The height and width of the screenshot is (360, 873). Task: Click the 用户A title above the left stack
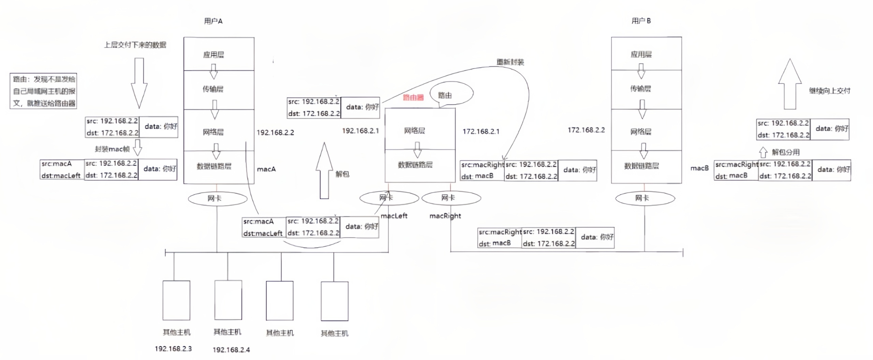(213, 21)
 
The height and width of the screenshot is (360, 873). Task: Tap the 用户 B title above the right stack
(641, 21)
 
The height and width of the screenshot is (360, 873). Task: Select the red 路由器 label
(413, 97)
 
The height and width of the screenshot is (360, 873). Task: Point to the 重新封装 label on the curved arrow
(510, 62)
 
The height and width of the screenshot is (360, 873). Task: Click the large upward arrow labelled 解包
(324, 170)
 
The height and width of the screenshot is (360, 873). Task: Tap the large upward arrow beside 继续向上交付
(790, 85)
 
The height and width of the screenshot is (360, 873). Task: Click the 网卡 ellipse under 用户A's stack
(218, 198)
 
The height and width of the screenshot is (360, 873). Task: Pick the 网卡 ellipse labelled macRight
(451, 198)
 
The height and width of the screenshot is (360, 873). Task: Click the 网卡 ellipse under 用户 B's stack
(645, 198)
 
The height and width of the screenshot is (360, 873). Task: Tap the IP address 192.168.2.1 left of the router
(360, 131)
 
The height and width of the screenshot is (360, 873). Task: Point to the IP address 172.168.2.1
(481, 132)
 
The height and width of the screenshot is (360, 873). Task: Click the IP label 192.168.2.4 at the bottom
(231, 350)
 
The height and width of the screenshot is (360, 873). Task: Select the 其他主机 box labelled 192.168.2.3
(176, 300)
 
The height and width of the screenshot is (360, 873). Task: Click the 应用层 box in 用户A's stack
(219, 54)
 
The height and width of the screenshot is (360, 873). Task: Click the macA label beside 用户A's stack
(266, 169)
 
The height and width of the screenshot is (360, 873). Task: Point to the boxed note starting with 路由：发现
(43, 91)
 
